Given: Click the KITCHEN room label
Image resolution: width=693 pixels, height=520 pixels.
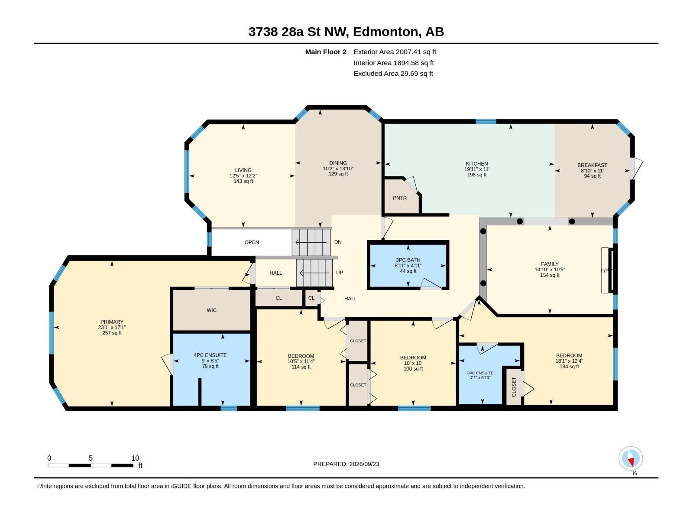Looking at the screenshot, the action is pos(477,163).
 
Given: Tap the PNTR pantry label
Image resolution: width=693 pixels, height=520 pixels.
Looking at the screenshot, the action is pos(400,198).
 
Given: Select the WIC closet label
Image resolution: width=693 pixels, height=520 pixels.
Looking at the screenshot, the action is pos(211,310).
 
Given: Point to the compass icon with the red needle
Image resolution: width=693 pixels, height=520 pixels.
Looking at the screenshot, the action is pos(631,458).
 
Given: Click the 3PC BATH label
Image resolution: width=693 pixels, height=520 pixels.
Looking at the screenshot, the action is pos(408,260).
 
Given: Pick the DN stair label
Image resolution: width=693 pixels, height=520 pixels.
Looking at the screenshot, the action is pos(338,242).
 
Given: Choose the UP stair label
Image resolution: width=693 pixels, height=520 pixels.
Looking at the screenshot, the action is pos(340,273).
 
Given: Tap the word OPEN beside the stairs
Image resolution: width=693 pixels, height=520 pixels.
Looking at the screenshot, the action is pos(252,242).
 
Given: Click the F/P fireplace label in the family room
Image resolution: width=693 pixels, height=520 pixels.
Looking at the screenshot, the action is pos(604,270).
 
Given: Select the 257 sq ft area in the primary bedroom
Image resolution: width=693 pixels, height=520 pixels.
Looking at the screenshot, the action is pos(112,333).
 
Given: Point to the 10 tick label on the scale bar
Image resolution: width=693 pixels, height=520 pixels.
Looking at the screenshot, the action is pos(135,458).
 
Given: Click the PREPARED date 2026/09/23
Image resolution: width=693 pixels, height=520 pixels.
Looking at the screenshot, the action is pos(364,464).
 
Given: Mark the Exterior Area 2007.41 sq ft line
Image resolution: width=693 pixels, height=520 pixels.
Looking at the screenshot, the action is pos(395,52).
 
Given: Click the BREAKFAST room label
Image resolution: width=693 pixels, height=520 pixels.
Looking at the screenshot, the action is pos(592,165).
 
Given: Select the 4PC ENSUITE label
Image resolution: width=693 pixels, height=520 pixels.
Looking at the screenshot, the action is pos(210,355).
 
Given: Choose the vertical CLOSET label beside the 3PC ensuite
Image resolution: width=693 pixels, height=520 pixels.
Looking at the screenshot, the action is pos(514,387).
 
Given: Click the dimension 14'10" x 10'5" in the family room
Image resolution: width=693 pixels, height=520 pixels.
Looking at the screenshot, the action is pos(550,270).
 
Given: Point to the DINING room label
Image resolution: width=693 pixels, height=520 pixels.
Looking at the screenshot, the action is pos(338,163).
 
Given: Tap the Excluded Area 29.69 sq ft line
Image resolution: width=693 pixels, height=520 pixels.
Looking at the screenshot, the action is pos(393,74).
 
